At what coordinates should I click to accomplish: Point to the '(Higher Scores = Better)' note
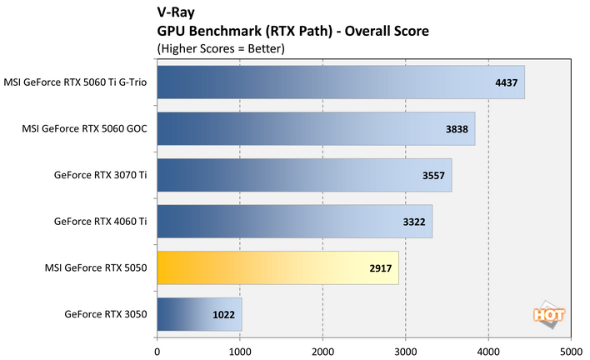click(221, 47)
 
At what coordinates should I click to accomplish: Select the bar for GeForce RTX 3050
click(198, 315)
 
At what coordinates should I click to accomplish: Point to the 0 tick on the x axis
click(157, 340)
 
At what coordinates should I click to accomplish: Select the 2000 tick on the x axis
click(322, 340)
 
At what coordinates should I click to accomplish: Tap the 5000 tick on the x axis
click(571, 340)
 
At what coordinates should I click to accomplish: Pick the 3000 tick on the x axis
click(405, 340)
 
